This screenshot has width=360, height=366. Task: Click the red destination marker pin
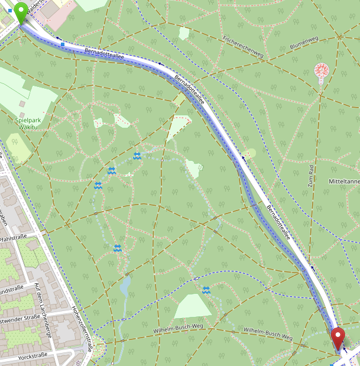coord(338,338)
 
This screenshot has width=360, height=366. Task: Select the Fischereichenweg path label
coord(243,46)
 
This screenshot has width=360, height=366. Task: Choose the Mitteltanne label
coord(345,182)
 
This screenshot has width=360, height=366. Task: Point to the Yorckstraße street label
coord(33,357)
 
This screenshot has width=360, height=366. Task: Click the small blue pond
coord(125,286)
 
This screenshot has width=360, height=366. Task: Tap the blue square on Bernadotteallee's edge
coord(63,43)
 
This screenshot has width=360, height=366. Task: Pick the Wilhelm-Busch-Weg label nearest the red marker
coord(268,333)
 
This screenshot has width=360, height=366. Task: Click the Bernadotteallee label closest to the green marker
coord(103,53)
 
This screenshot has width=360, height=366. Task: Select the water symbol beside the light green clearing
coord(206,290)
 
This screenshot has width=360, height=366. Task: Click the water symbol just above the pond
coord(118,248)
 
